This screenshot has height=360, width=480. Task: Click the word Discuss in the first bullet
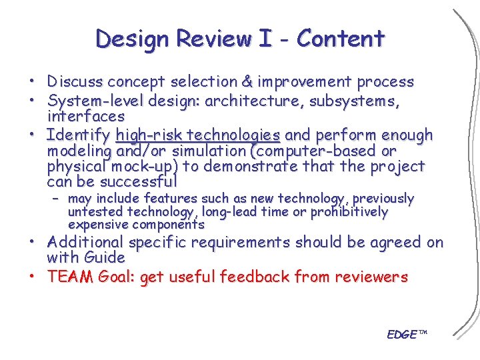coord(75,82)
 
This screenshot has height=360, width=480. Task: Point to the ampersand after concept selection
coord(247,82)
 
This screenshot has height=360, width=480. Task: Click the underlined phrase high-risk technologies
coord(197,135)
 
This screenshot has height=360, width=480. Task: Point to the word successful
coord(139,181)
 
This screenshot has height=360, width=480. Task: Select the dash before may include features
coord(58,199)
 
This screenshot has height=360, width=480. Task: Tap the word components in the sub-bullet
coord(170,225)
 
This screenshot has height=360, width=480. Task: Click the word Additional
coord(85,243)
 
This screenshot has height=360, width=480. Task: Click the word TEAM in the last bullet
coord(70,277)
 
